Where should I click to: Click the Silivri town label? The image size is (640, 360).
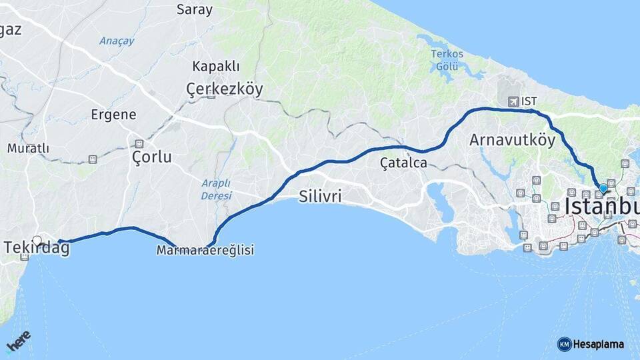click(x=321, y=197)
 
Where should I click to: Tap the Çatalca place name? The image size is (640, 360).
click(x=403, y=162)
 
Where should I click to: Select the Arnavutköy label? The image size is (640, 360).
click(x=512, y=140)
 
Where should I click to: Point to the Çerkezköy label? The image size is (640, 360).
click(x=225, y=89)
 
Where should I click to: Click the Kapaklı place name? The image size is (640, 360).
click(x=215, y=66)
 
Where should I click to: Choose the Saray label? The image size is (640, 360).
click(x=195, y=9)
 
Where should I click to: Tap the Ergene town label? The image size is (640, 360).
click(x=114, y=115)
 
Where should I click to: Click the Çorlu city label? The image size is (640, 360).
click(x=151, y=157)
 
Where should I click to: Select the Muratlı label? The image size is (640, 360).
click(x=28, y=148)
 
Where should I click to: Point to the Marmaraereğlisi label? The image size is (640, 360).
click(x=205, y=250)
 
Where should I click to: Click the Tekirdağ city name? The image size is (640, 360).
click(x=37, y=248)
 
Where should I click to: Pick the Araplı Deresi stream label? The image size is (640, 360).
click(x=216, y=189)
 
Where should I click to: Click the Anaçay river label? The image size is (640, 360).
click(x=117, y=41)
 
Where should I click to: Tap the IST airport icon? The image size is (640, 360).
click(x=513, y=101)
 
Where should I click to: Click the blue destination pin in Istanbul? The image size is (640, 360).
click(x=603, y=188)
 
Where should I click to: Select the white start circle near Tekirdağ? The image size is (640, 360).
click(x=37, y=241)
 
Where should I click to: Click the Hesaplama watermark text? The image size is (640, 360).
click(x=599, y=344)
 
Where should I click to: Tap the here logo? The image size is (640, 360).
click(x=18, y=341)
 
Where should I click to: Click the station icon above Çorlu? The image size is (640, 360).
click(x=139, y=143)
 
